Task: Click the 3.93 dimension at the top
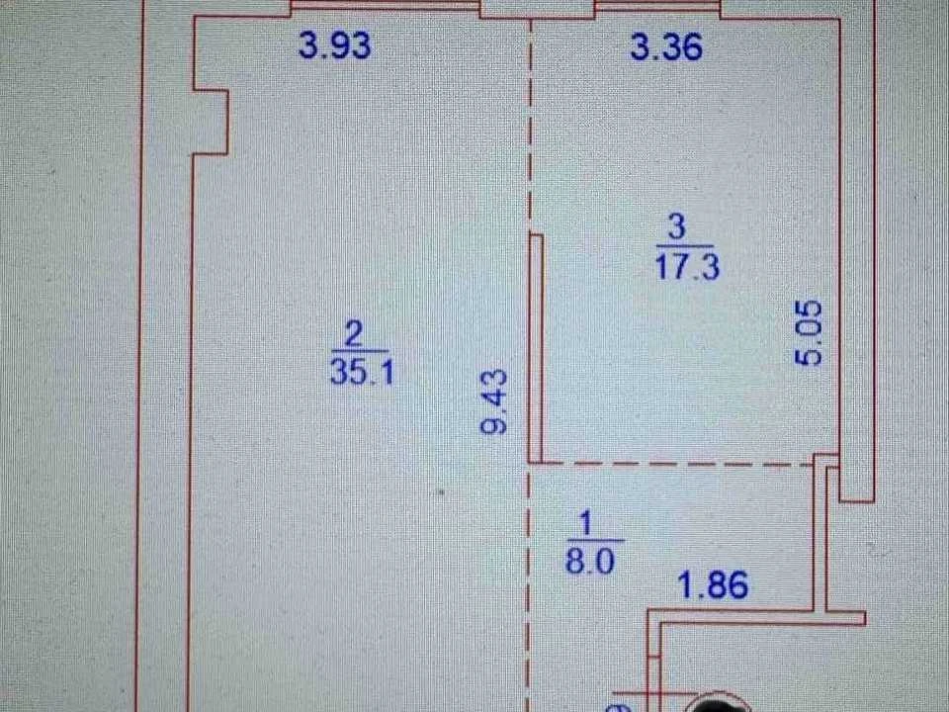pos(335,45)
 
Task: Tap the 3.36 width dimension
pos(666,46)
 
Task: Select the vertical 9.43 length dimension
pos(494,402)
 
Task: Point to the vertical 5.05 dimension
pos(809,333)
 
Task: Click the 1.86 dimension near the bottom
pos(713,584)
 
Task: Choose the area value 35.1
pos(362,371)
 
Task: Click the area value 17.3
pos(687,266)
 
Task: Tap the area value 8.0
pos(589,560)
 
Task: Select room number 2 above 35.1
pos(353,333)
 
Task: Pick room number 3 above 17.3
pos(676,227)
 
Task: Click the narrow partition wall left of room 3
pos(536,349)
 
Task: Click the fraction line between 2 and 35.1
pos(360,351)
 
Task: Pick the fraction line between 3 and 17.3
pos(684,245)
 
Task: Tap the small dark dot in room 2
pos(441,492)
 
